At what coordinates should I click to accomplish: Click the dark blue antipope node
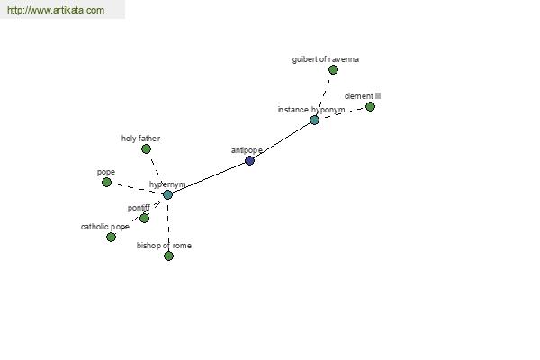point(249,160)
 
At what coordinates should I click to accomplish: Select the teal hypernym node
point(167,194)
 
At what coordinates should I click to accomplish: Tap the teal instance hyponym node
point(314,121)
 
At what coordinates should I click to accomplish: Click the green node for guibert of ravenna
point(333,70)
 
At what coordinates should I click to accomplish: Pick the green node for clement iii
point(370,107)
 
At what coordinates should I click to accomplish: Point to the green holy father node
point(146,149)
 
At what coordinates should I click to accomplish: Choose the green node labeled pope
point(107,182)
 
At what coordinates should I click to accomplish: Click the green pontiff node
point(144,218)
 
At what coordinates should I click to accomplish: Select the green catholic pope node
point(111,237)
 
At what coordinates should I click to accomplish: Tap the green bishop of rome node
point(168,256)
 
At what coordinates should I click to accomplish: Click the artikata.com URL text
point(56,10)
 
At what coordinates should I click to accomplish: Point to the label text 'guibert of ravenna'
point(326,59)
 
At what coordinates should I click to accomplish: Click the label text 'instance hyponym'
point(311,110)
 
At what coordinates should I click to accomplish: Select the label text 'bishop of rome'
point(164,246)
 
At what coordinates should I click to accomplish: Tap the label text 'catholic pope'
point(105,227)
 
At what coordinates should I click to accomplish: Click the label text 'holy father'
point(140,139)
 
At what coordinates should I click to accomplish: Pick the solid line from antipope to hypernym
point(209,178)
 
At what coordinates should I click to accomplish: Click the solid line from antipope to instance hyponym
point(282,140)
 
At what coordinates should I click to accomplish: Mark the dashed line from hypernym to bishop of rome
point(168,225)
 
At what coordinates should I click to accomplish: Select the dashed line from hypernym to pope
point(137,188)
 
